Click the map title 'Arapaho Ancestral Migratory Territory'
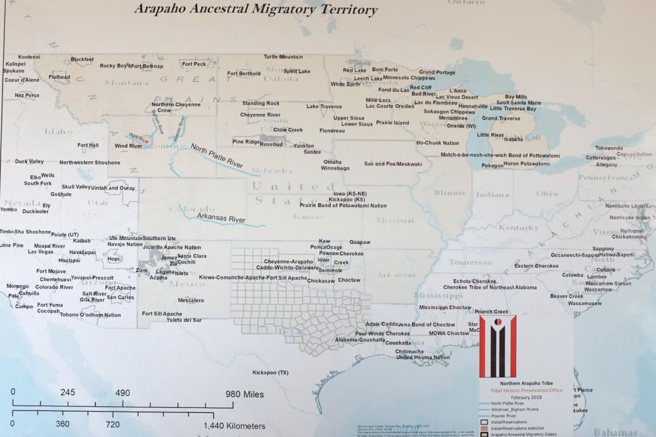pyautogui.click(x=256, y=9)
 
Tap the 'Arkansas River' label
pyautogui.click(x=221, y=219)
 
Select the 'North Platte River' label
pyautogui.click(x=217, y=155)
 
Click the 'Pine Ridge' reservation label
pyautogui.click(x=246, y=142)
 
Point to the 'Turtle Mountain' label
pyautogui.click(x=283, y=57)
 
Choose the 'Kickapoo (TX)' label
pyautogui.click(x=270, y=372)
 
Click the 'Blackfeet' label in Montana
pyautogui.click(x=82, y=60)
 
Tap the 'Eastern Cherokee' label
pyautogui.click(x=537, y=266)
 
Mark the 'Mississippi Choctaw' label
pyautogui.click(x=445, y=308)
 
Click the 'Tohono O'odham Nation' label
pyautogui.click(x=90, y=315)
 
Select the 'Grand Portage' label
pyautogui.click(x=437, y=72)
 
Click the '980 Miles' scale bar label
pyautogui.click(x=245, y=395)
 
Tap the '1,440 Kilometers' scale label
pyautogui.click(x=235, y=426)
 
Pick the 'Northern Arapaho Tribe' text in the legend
pyautogui.click(x=526, y=383)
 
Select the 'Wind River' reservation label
pyautogui.click(x=128, y=146)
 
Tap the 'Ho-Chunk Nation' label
pyautogui.click(x=437, y=143)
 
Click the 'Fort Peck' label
pyautogui.click(x=194, y=64)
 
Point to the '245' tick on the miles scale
pyautogui.click(x=68, y=393)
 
